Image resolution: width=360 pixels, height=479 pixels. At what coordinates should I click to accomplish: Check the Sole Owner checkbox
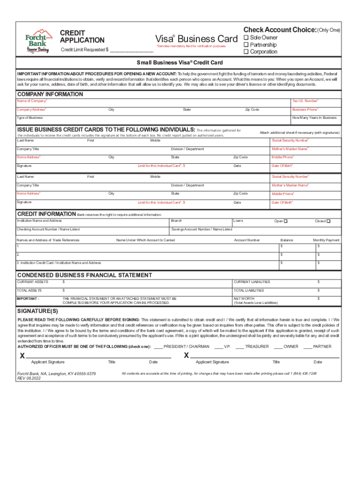tap(246, 38)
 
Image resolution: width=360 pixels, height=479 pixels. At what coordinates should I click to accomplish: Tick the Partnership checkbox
tap(246, 45)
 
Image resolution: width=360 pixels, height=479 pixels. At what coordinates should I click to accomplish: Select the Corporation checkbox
tap(246, 52)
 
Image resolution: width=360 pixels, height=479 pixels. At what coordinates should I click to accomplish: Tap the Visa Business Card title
tap(196, 38)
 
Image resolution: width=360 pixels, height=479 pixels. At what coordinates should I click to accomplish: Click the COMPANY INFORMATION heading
tap(50, 94)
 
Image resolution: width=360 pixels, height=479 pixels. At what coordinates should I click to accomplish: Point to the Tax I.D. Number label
tap(305, 101)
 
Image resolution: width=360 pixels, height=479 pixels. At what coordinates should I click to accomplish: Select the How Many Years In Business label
tap(314, 118)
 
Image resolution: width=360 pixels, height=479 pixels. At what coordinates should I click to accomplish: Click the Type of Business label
tap(30, 118)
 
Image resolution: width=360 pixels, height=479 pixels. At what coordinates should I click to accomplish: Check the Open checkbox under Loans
tap(286, 221)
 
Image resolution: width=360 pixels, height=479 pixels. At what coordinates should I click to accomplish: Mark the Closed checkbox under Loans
tap(328, 221)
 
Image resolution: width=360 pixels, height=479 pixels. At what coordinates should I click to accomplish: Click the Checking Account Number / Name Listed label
tap(48, 229)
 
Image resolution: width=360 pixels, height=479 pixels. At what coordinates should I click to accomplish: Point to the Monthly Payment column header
tap(326, 240)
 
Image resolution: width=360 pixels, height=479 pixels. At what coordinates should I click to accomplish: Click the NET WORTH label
tap(244, 298)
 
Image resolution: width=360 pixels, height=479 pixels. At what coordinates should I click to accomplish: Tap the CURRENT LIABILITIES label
tap(252, 282)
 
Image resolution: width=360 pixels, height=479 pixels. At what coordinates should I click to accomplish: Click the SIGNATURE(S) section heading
tap(38, 311)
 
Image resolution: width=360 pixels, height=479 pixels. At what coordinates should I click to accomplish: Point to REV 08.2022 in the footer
tap(29, 378)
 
